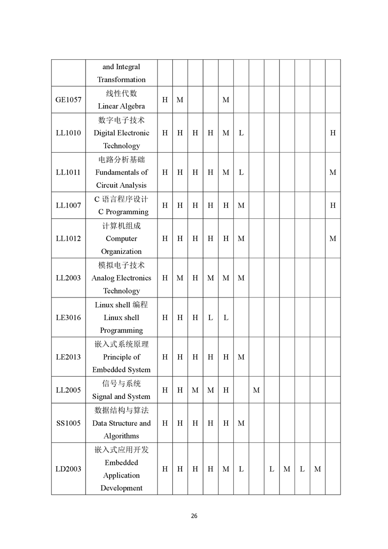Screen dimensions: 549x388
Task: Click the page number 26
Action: tap(194, 516)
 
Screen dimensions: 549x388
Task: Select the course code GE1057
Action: tap(68, 100)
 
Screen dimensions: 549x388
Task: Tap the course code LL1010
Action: tap(68, 133)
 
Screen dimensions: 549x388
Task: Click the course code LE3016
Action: tap(68, 318)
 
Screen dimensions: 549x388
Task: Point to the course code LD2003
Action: tap(68, 469)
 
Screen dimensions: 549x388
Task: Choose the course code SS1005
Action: tap(68, 423)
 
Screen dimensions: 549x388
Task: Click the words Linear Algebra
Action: tap(121, 106)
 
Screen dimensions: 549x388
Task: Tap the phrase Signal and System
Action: tap(121, 396)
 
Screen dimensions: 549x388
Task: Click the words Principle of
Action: tap(121, 357)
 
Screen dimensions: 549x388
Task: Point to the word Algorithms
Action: tap(121, 436)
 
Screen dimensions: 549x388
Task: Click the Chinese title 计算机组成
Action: tap(121, 226)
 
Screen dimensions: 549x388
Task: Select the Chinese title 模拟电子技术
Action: tap(121, 265)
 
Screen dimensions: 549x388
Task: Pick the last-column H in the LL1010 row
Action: tap(333, 133)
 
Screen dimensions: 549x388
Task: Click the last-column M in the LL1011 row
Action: tap(333, 172)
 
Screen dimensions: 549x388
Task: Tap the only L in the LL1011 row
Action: tap(241, 172)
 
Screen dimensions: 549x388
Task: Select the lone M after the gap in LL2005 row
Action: tap(256, 390)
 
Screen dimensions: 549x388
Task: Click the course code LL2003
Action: tap(68, 278)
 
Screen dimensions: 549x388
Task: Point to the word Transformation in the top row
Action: tap(121, 80)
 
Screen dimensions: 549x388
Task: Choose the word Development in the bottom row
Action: tap(121, 488)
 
